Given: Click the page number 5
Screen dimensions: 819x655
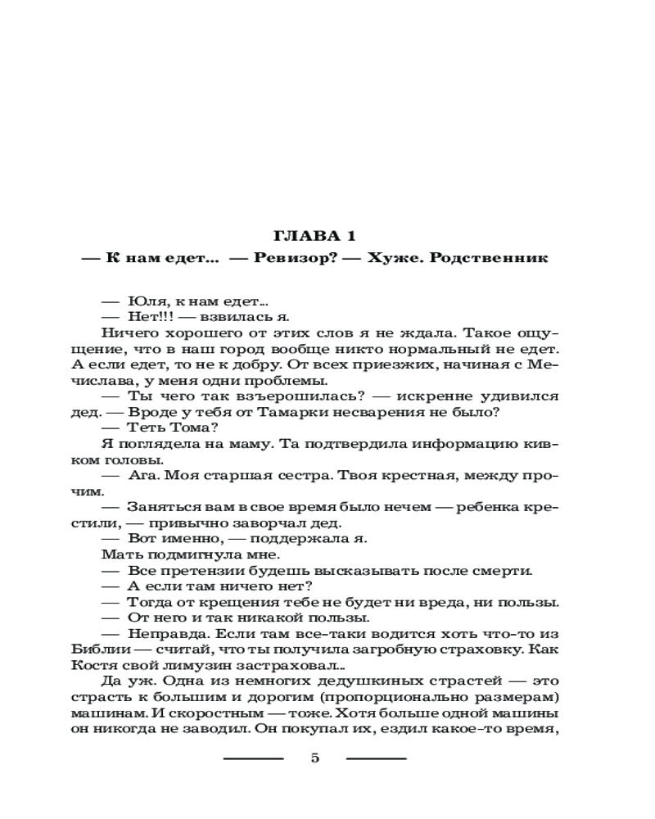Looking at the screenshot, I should [x=315, y=758].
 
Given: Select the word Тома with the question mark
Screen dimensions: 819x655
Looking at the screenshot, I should [x=187, y=427].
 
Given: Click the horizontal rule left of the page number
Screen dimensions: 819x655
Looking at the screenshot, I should [x=254, y=758].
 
